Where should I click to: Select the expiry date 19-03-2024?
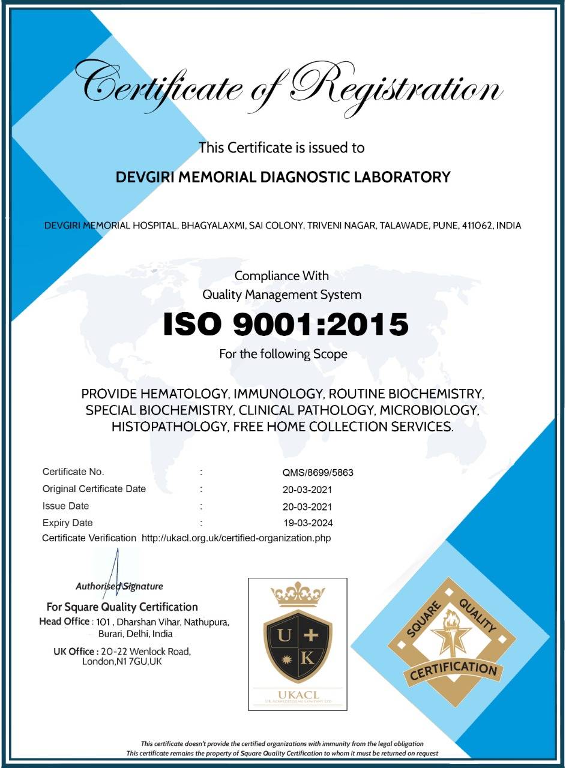(x=309, y=523)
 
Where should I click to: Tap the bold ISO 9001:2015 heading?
(x=286, y=325)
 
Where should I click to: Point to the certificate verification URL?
(x=236, y=538)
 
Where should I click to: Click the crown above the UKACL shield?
(x=298, y=594)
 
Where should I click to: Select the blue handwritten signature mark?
(x=115, y=573)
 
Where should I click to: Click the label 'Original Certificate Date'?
(x=94, y=489)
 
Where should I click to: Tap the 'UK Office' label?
(x=74, y=652)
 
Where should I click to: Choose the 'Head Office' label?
(x=64, y=622)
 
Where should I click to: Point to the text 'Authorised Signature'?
(x=119, y=586)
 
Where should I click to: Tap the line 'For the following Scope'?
(x=283, y=354)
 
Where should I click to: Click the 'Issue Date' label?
(x=65, y=506)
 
